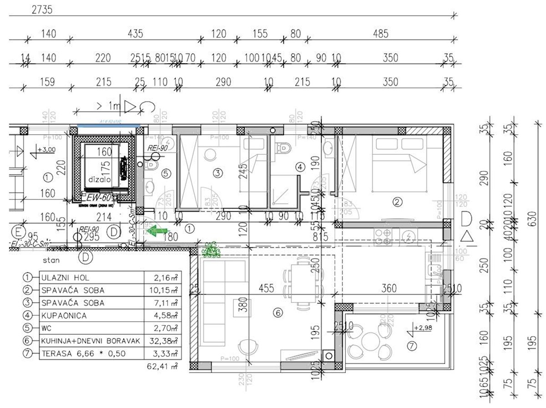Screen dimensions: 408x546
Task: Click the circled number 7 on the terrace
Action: click(x=412, y=347)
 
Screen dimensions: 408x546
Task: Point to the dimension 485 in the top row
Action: click(x=380, y=33)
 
